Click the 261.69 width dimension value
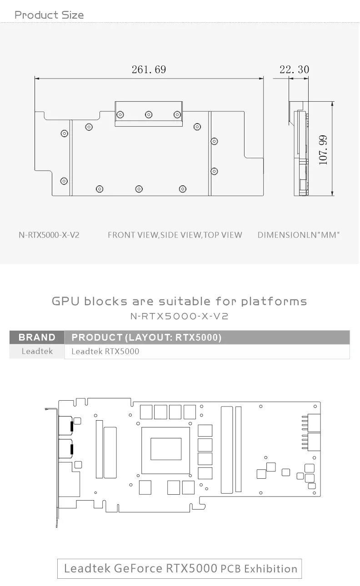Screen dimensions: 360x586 (149, 70)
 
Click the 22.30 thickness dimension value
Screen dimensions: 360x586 (294, 70)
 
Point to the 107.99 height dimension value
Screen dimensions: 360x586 (323, 150)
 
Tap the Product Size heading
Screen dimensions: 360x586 (49, 15)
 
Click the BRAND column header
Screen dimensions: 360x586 (37, 337)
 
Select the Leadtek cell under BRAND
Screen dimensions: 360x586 (37, 351)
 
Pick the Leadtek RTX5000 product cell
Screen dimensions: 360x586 (105, 351)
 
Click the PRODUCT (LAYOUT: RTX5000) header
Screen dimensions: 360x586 (147, 337)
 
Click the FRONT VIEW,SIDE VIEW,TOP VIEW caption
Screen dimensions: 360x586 (175, 235)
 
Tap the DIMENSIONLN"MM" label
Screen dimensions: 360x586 (299, 235)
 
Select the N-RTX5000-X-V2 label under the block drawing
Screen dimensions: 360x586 (49, 235)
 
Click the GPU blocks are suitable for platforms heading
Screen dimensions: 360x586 (180, 301)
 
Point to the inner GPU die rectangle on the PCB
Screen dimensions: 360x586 (166, 449)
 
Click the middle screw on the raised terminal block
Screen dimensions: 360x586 (149, 114)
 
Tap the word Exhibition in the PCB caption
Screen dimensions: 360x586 (271, 569)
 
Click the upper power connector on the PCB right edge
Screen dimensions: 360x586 (314, 423)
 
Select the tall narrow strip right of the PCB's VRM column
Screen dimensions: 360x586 (238, 449)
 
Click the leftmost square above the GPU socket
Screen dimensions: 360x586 (146, 412)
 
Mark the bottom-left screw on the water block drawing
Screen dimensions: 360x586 (64, 181)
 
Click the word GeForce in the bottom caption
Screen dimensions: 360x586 (138, 568)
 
